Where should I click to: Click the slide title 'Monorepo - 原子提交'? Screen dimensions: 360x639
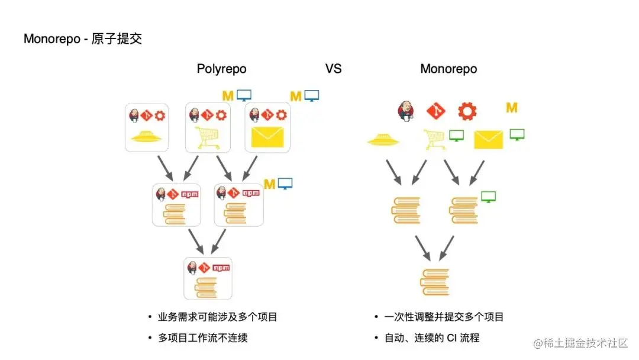click(83, 39)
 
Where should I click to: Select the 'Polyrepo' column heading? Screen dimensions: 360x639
click(221, 69)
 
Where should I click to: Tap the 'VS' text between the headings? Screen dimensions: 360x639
click(333, 69)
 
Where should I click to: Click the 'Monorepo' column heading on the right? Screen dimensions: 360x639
click(448, 69)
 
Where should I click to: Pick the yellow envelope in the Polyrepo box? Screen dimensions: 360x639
click(267, 137)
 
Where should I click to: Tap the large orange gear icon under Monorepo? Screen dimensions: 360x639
click(467, 110)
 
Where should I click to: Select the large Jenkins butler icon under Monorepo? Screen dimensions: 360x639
click(406, 110)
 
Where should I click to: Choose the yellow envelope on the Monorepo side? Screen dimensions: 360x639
click(488, 140)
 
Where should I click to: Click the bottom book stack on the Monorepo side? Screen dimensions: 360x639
click(435, 282)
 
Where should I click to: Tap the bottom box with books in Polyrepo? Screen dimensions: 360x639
click(208, 278)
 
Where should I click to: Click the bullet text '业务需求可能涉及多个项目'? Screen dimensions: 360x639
click(218, 317)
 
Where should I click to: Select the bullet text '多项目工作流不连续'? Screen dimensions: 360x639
click(202, 338)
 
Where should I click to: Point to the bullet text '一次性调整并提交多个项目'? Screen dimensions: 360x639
click(444, 317)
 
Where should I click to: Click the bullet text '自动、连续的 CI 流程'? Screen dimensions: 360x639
click(431, 338)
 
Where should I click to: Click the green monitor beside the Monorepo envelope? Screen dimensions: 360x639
click(517, 134)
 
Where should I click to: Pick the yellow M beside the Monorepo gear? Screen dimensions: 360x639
click(512, 108)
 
